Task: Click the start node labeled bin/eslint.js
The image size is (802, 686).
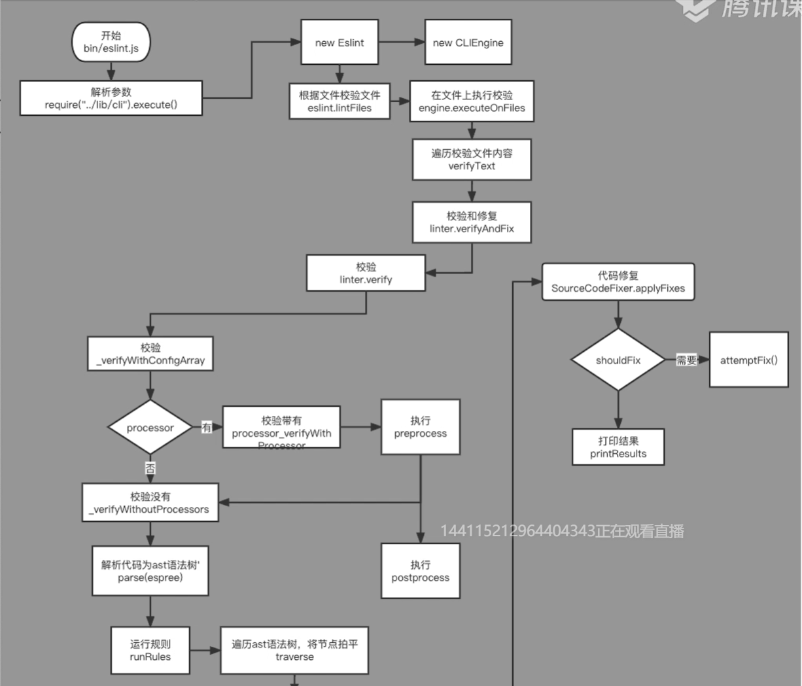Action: pos(111,43)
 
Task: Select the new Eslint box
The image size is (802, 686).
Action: pos(339,43)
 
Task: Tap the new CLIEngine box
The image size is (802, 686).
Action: pos(468,43)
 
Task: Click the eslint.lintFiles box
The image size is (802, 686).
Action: pos(340,101)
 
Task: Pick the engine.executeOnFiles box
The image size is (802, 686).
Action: pos(472,101)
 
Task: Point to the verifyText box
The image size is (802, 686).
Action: pos(472,160)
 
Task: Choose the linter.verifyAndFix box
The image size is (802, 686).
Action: pos(472,222)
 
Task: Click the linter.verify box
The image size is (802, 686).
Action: pos(366,273)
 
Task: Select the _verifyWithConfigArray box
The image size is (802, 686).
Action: pos(150,354)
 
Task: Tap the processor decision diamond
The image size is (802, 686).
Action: pos(150,428)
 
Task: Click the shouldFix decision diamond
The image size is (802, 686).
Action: pos(618,360)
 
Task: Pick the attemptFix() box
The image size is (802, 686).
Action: pos(748,360)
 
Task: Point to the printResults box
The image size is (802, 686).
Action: pos(618,447)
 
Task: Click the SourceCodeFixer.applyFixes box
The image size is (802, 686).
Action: pos(618,282)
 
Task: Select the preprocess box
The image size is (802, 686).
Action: pos(420,427)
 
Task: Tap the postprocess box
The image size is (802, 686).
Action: pos(420,571)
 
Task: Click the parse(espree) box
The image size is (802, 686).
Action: pos(150,571)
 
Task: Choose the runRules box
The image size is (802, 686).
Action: pos(150,651)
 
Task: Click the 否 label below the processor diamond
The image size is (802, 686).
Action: pos(150,468)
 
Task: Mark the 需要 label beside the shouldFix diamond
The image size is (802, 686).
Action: pos(687,360)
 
